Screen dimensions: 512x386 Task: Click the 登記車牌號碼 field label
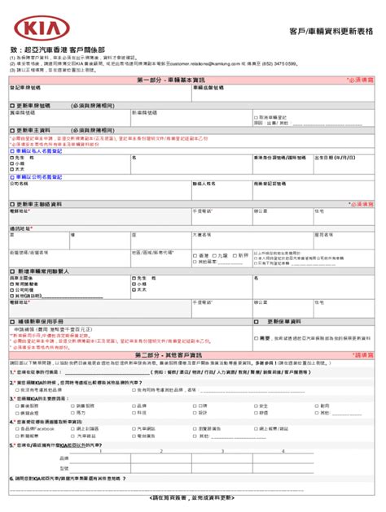(x=24, y=89)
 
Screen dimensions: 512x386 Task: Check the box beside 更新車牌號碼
(x=11, y=106)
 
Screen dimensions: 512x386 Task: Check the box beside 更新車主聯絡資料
(x=11, y=202)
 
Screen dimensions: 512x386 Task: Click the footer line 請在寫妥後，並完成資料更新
(x=192, y=497)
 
